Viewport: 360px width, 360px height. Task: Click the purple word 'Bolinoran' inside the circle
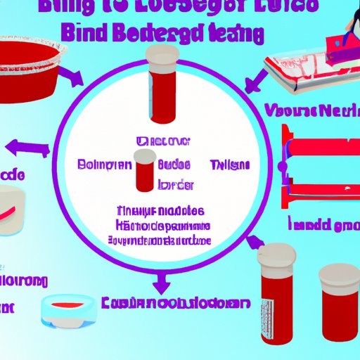point(103,165)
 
